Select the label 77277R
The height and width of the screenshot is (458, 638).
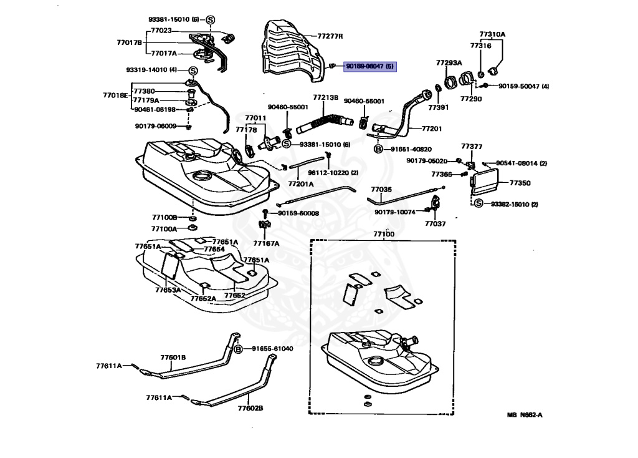click(x=330, y=36)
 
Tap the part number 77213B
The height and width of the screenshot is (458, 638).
click(x=325, y=97)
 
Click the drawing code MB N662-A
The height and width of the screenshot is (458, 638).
click(x=524, y=414)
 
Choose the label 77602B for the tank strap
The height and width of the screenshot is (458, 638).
click(x=250, y=408)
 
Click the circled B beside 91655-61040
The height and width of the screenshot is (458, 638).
click(x=237, y=349)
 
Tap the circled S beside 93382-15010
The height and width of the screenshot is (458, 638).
click(x=478, y=204)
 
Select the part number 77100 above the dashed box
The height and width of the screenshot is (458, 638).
click(x=384, y=234)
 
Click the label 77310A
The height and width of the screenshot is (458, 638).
click(x=492, y=34)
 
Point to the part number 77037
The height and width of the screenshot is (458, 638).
click(x=436, y=223)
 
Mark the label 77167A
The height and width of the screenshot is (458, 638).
click(x=266, y=243)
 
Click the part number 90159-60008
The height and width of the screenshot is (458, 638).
click(x=298, y=213)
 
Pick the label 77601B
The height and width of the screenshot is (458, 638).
click(x=173, y=358)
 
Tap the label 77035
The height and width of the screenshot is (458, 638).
click(x=381, y=188)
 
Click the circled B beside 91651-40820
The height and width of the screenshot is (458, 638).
click(x=378, y=149)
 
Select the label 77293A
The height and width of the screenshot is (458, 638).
click(x=449, y=63)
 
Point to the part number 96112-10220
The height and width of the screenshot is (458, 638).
click(x=333, y=172)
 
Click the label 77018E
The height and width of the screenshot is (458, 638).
click(x=115, y=95)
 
